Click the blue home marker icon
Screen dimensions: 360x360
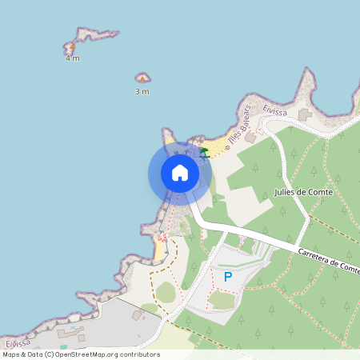point(180,173)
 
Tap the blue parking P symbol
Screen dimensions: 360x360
point(228,277)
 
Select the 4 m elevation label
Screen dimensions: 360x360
point(73,58)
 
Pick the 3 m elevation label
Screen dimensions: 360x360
point(142,91)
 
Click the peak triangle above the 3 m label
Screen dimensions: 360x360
point(142,78)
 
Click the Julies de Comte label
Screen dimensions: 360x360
point(302,193)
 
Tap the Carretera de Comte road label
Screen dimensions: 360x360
point(326,260)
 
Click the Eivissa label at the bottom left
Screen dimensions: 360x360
point(17,343)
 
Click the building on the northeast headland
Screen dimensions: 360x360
point(304,115)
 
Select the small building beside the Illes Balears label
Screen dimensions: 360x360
point(250,138)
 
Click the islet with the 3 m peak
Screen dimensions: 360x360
point(143,77)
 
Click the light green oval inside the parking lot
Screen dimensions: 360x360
point(222,299)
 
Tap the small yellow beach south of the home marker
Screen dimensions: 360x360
point(160,250)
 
